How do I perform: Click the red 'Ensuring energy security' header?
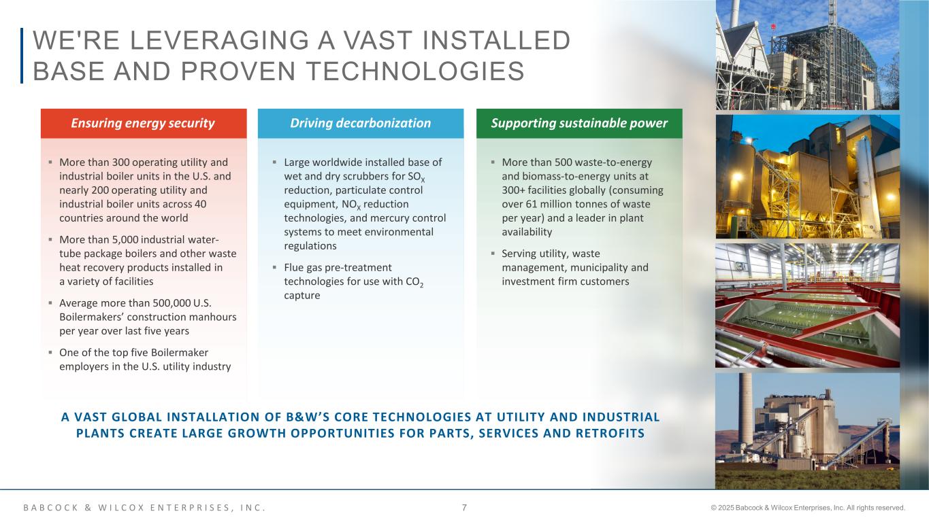point(144,124)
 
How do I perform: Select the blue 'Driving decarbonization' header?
point(361,124)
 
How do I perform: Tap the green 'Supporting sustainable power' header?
point(579,124)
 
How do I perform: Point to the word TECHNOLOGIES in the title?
point(415,71)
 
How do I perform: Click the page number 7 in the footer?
point(464,508)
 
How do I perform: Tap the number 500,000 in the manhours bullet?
point(172,303)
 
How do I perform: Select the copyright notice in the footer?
point(808,508)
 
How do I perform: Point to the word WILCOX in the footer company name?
point(121,508)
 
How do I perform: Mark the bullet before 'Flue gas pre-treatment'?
point(274,268)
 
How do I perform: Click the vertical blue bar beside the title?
point(22,56)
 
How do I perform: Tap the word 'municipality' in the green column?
point(599,268)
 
